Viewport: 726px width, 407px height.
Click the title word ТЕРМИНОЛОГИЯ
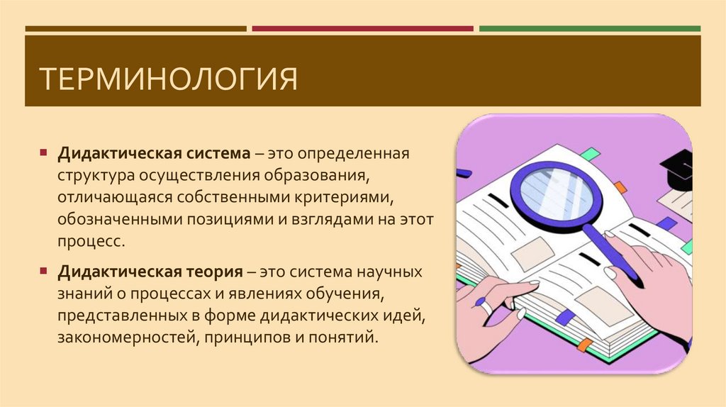(x=168, y=79)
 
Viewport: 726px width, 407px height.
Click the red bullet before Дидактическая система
(x=44, y=153)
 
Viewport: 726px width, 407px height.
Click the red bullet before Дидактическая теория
(x=44, y=272)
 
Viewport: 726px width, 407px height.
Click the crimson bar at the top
(x=362, y=29)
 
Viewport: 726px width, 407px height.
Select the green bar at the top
(x=589, y=29)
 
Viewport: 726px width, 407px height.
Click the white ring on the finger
(x=487, y=306)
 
